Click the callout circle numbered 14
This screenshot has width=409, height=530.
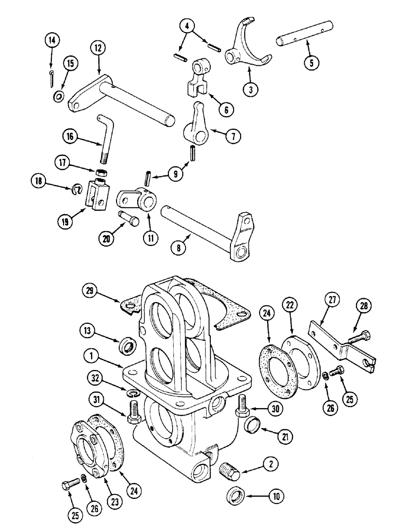[53, 41]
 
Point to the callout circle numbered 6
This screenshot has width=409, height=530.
[226, 110]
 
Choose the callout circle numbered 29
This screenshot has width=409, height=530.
[91, 290]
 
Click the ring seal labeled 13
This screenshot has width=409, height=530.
[128, 347]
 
